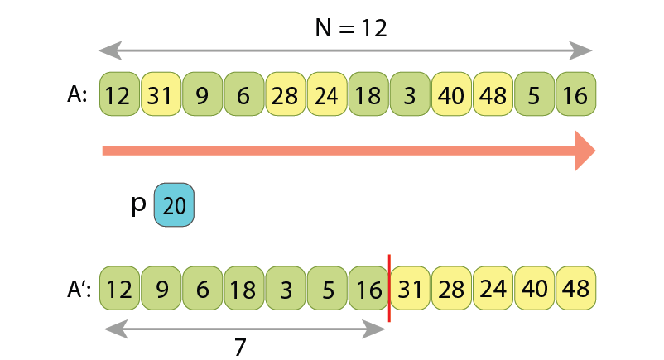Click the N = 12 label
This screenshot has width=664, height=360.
pos(351,27)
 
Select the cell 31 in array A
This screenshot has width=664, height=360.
pos(161,94)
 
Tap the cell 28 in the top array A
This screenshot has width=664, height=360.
pos(285,94)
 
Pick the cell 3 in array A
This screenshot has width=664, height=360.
pos(409,94)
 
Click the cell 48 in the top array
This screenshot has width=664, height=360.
pos(492,94)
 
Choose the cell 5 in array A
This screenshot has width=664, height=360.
pos(533,94)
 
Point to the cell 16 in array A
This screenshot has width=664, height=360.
pos(575,94)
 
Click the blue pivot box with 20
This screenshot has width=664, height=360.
pos(174,205)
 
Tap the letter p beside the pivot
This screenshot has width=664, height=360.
pos(138,204)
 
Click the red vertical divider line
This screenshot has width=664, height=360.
pos(389,288)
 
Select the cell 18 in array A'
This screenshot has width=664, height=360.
pos(243,289)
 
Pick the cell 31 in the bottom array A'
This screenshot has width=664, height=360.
pos(410,289)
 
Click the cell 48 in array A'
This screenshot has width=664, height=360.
pos(575,289)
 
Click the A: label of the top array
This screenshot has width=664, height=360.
pos(78,94)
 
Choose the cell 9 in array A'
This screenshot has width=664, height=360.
pos(161,289)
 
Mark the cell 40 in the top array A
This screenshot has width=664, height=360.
pos(450,94)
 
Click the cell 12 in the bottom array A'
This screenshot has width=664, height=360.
pos(119,289)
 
